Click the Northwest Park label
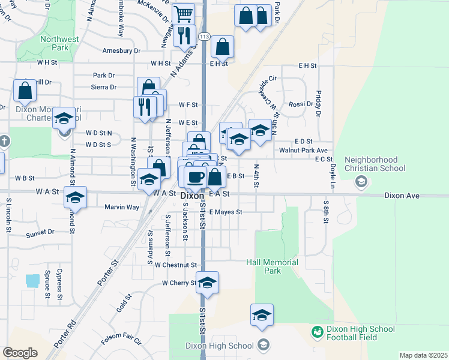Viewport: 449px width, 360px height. click(59, 43)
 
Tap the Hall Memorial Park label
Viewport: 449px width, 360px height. click(272, 266)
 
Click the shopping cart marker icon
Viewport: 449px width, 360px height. click(183, 14)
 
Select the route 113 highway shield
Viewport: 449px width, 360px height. click(205, 36)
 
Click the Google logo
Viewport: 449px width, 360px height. click(20, 353)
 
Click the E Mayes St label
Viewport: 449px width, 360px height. click(225, 212)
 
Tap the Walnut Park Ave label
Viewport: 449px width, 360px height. click(303, 150)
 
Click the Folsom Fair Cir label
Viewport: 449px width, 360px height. click(121, 340)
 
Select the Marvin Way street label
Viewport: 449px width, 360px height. click(122, 207)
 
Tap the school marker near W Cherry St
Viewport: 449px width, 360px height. click(207, 283)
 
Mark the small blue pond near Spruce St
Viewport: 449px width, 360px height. click(33, 280)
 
